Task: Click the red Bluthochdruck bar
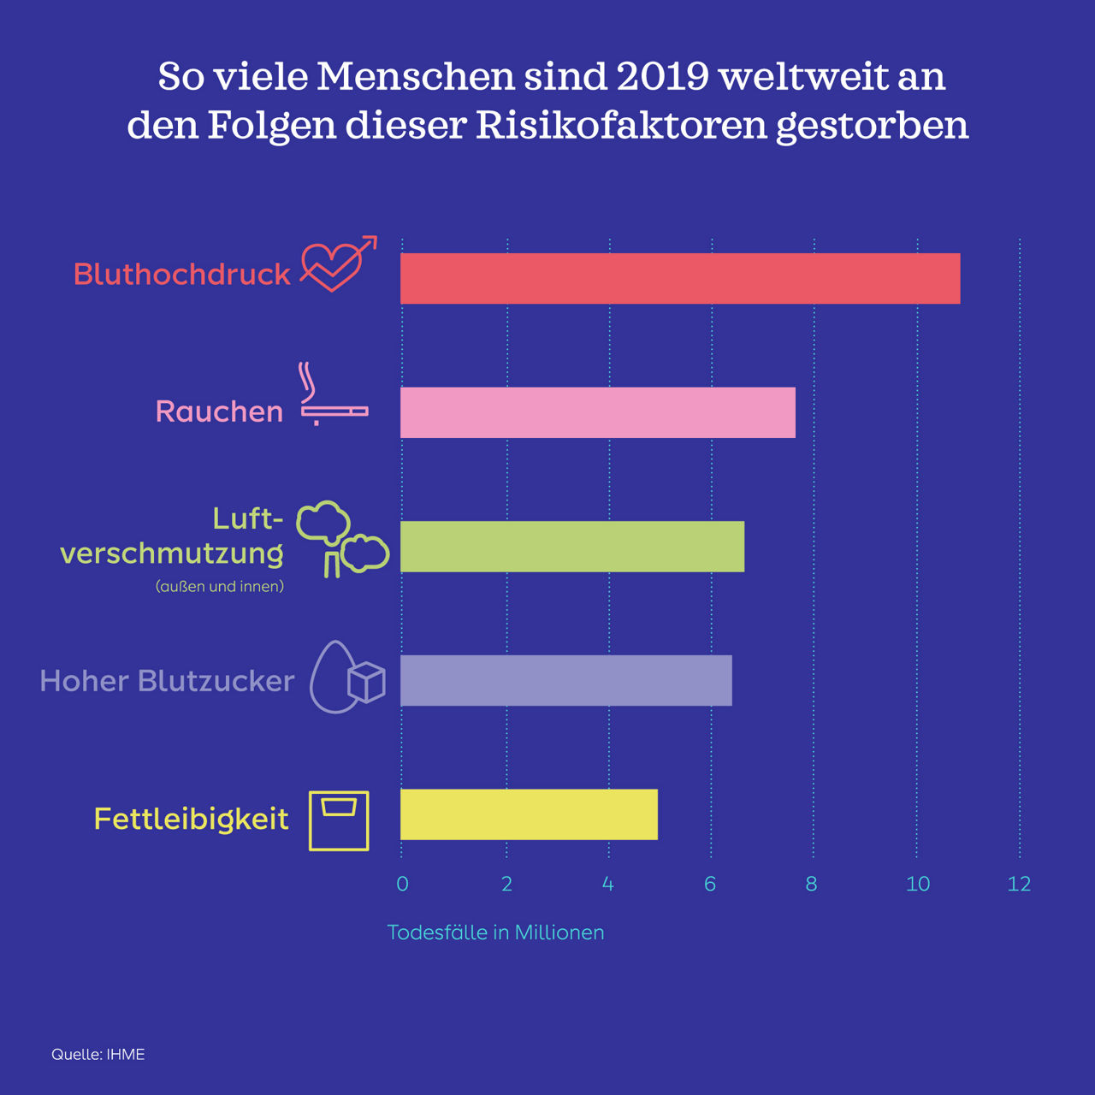coord(680,279)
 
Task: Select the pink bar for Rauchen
coord(598,412)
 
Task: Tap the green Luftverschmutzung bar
coord(572,547)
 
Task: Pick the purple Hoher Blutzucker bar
coord(566,681)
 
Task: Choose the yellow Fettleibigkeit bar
coord(529,814)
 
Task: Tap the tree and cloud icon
coord(340,539)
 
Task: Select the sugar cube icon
coord(366,683)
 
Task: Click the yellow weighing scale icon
coord(339,820)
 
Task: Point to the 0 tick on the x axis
coord(403,884)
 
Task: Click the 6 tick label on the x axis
coord(710,884)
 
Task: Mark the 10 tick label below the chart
coord(917,884)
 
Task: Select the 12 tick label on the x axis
coord(1019,884)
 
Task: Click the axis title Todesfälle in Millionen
coord(495,932)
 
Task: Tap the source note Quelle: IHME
coord(98,1055)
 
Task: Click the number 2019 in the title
coord(662,77)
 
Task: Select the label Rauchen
coord(219,411)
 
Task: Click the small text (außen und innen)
coord(220,587)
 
